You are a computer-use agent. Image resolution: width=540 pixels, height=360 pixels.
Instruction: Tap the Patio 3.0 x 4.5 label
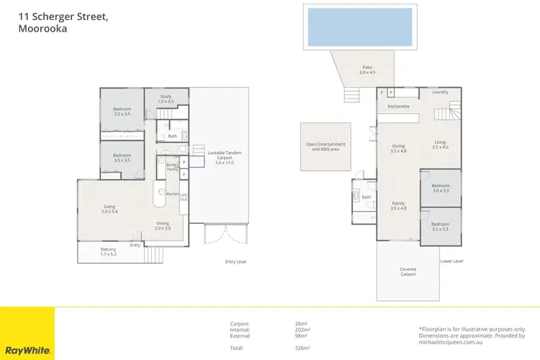(367, 70)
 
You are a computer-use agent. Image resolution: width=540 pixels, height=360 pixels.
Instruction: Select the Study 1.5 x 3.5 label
(166, 99)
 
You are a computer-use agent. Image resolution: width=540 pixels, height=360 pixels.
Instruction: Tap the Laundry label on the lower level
(440, 93)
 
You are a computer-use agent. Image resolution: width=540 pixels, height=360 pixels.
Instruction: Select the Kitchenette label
(398, 107)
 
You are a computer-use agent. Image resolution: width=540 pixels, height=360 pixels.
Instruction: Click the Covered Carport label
(408, 271)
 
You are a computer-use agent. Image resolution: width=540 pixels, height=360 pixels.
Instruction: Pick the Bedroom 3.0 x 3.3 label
(440, 188)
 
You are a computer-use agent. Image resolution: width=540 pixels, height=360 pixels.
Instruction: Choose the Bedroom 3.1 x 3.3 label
(440, 227)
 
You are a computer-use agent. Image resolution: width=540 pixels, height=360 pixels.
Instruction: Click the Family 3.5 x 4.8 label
(398, 206)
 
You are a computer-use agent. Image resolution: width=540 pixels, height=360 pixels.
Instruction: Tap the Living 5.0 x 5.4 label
(109, 210)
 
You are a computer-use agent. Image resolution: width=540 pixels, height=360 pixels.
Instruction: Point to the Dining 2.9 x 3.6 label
(163, 225)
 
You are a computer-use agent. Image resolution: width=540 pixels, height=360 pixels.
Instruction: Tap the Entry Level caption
(235, 261)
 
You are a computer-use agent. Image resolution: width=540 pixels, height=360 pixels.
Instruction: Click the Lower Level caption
(451, 261)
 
